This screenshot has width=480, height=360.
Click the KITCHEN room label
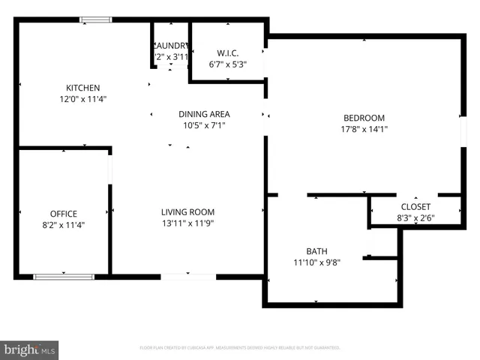click(x=82, y=88)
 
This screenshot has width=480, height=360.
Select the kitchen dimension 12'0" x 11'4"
click(x=82, y=99)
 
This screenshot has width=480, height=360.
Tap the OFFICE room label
click(x=64, y=214)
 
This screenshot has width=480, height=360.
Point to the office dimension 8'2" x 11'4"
click(x=64, y=225)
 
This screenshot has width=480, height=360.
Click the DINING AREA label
click(x=204, y=114)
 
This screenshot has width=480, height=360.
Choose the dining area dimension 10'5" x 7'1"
click(x=204, y=125)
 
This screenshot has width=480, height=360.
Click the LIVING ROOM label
click(x=187, y=212)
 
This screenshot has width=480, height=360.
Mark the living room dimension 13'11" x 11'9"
click(x=187, y=223)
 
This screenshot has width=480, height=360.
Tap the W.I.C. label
click(x=227, y=52)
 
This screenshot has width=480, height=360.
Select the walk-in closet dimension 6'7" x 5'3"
click(x=227, y=64)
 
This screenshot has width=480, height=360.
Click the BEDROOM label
click(x=364, y=118)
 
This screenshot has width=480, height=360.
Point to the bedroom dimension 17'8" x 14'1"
click(x=364, y=129)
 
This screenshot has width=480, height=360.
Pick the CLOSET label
click(x=415, y=206)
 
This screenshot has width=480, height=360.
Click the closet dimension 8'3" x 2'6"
click(x=415, y=218)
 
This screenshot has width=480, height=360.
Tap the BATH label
click(x=316, y=251)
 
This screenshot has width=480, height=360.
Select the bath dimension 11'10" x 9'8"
click(x=316, y=262)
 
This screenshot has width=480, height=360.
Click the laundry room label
click(x=171, y=45)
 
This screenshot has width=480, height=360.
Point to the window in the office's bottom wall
click(x=64, y=277)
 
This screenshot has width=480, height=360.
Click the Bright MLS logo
click(x=30, y=349)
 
